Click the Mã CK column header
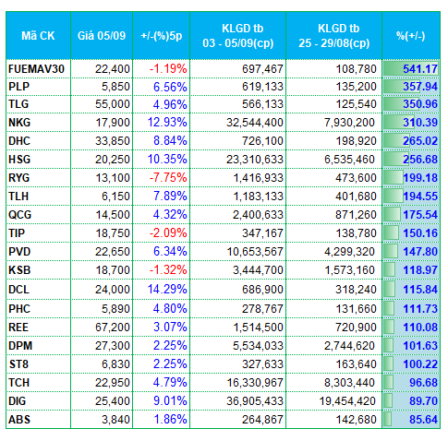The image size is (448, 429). pyautogui.click(x=38, y=36)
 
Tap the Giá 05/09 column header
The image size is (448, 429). pyautogui.click(x=102, y=36)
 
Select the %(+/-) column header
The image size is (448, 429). pyautogui.click(x=411, y=36)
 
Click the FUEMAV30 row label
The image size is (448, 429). pyautogui.click(x=36, y=69)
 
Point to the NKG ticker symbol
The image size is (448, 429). pyautogui.click(x=19, y=123)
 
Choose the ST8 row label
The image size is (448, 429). pyautogui.click(x=18, y=364)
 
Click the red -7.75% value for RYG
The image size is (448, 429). pyautogui.click(x=168, y=178)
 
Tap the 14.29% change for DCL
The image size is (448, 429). pyautogui.click(x=167, y=290)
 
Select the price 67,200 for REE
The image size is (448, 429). pyautogui.click(x=113, y=328)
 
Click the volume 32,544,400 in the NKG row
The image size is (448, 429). pyautogui.click(x=255, y=123)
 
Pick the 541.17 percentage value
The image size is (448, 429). pyautogui.click(x=420, y=69)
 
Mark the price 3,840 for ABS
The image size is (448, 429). pyautogui.click(x=115, y=420)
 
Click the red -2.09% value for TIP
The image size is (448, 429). pyautogui.click(x=168, y=233)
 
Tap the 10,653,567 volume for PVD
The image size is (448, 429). pyautogui.click(x=255, y=252)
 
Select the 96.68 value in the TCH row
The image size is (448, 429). pyautogui.click(x=423, y=383)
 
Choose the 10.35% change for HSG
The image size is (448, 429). pyautogui.click(x=167, y=160)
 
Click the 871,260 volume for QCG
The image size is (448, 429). pyautogui.click(x=356, y=215)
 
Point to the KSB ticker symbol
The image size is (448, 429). pyautogui.click(x=19, y=270)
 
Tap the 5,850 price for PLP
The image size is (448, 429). pyautogui.click(x=115, y=87)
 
